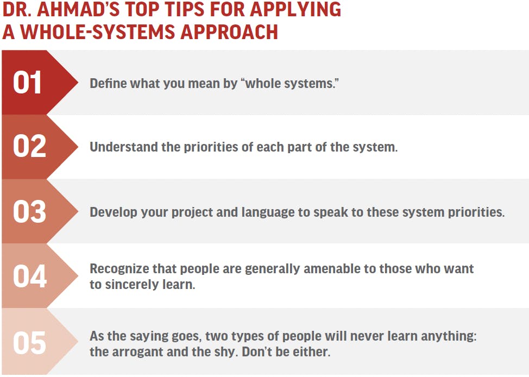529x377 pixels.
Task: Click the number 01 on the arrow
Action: [27, 83]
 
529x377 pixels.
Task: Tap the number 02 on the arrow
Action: [29, 147]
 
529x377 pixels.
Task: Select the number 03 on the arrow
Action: [29, 211]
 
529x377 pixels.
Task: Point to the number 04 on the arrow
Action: [30, 276]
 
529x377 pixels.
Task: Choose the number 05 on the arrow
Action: [29, 343]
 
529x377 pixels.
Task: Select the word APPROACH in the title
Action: [229, 32]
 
